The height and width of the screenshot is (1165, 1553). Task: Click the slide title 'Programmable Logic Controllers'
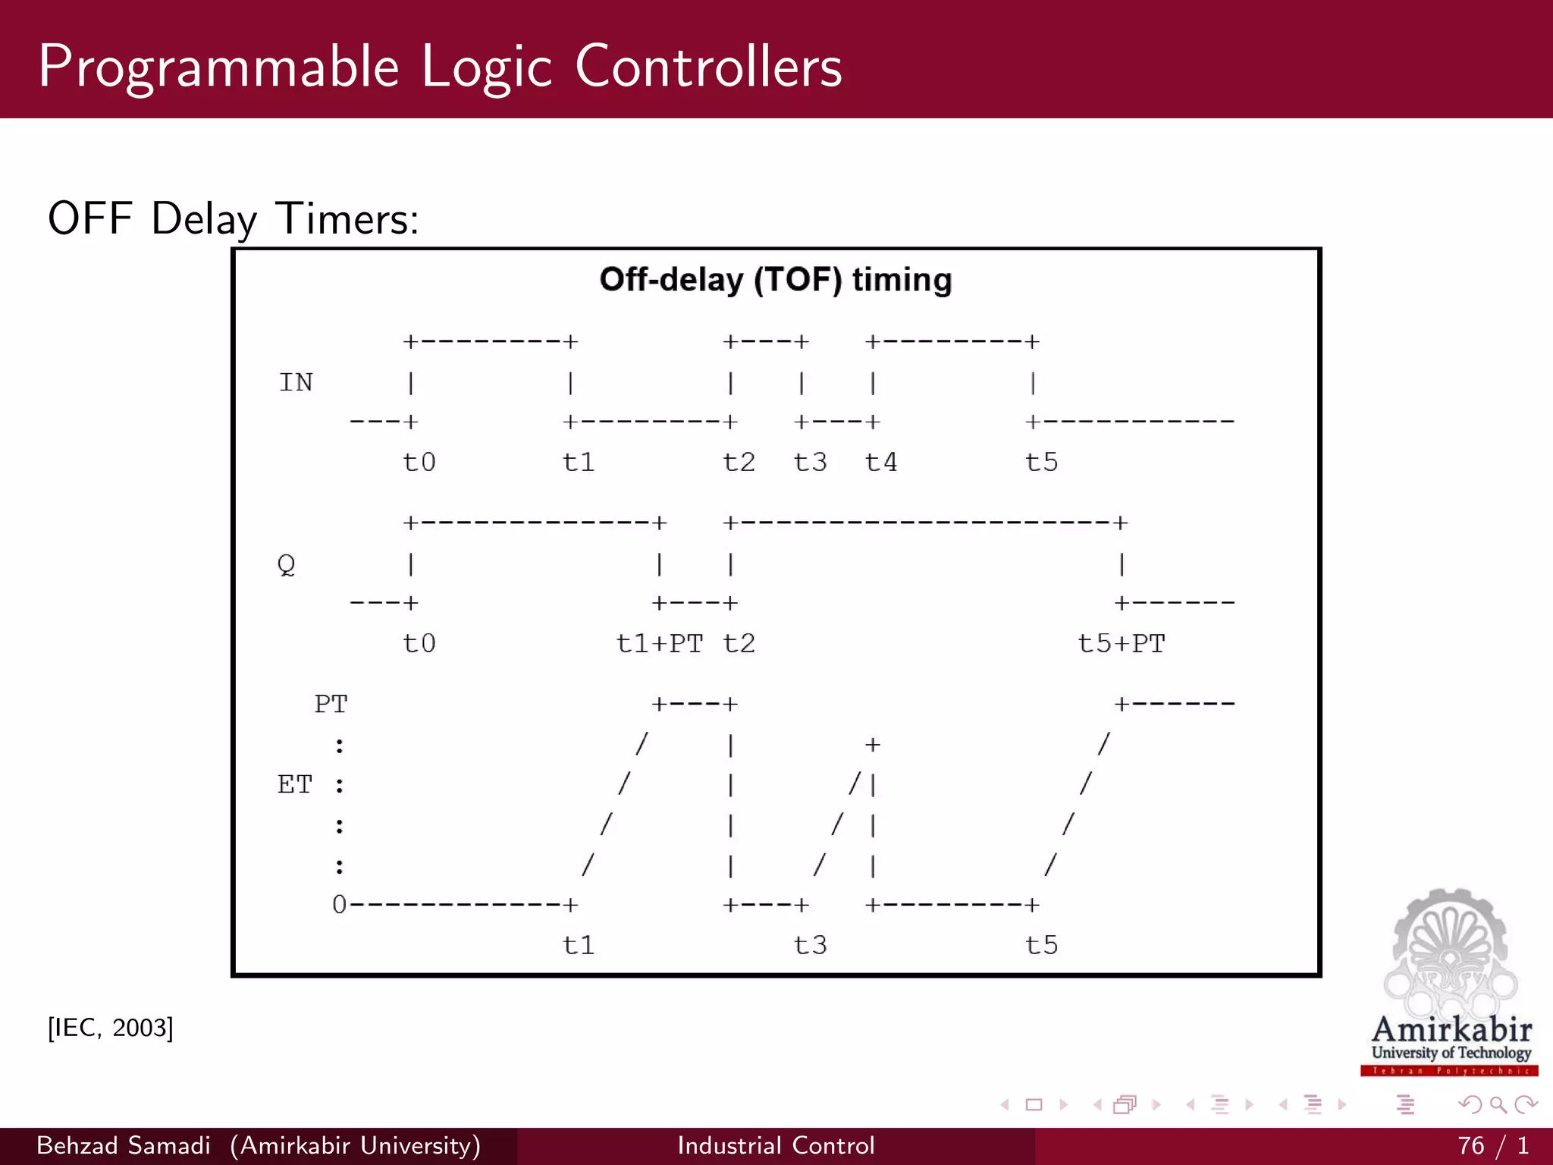[440, 67]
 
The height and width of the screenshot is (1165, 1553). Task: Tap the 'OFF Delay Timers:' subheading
[233, 219]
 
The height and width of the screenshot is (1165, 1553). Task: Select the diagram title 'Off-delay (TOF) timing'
[775, 280]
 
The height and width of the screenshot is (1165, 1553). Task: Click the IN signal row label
[296, 382]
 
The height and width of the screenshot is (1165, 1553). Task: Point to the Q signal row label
[286, 565]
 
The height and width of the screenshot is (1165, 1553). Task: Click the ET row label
[295, 784]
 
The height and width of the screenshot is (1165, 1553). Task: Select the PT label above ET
[331, 704]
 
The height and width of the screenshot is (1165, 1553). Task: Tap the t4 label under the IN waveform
[881, 462]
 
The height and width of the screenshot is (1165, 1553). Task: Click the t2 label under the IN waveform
[739, 462]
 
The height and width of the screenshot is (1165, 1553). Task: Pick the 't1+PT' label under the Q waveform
[659, 643]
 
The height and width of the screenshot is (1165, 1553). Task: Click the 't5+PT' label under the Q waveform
[1121, 643]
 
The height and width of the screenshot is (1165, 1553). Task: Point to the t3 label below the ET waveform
[810, 945]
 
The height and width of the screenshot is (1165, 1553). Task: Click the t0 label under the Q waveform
[419, 643]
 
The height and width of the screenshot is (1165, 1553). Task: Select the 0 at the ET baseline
[339, 904]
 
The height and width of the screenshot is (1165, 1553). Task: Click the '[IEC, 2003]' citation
[111, 1028]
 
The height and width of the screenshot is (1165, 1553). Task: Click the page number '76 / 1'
[1492, 1145]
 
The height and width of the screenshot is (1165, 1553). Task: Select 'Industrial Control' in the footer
[776, 1145]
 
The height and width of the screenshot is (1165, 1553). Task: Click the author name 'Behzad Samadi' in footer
[124, 1145]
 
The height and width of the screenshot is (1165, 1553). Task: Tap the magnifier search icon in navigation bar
[1498, 1105]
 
